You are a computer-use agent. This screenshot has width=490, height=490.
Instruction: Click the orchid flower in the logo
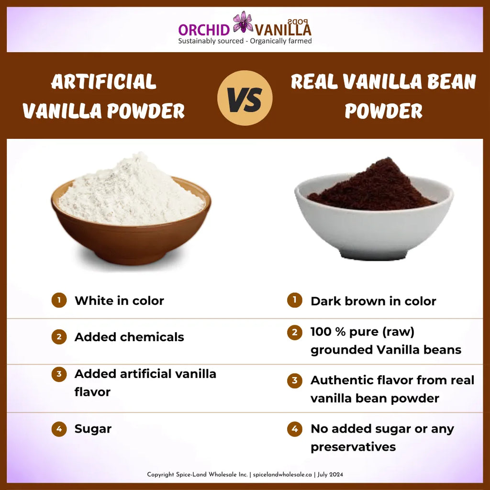[243, 22]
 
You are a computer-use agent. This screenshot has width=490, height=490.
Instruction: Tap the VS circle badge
[245, 98]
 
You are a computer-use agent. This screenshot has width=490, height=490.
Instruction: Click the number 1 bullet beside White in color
[59, 301]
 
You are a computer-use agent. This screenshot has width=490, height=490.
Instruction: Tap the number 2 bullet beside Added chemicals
[59, 337]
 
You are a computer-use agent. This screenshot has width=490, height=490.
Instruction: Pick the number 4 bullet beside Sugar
[59, 429]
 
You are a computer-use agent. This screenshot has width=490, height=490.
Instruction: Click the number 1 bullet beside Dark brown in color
[295, 301]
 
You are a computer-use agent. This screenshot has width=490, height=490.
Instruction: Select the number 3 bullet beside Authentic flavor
[295, 381]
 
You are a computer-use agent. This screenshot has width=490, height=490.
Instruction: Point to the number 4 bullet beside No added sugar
[295, 429]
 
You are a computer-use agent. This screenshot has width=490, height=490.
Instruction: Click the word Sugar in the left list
[93, 429]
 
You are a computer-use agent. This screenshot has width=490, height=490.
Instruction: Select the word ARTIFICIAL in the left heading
[104, 82]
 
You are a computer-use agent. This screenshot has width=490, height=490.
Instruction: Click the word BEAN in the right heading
[448, 82]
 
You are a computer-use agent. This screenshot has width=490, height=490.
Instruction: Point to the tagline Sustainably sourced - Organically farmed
[245, 41]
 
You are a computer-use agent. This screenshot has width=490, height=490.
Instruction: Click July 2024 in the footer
[331, 475]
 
